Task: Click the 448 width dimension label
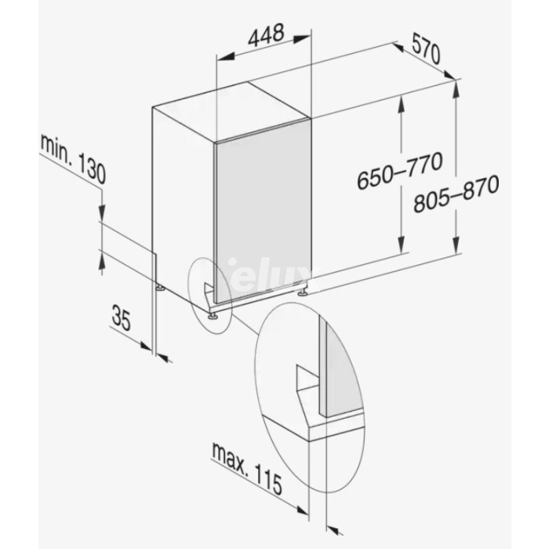tap(266, 35)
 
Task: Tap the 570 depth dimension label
tap(425, 49)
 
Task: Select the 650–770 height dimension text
tap(400, 170)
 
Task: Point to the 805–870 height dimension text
tap(456, 194)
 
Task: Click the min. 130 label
tap(73, 158)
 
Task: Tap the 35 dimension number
tap(121, 317)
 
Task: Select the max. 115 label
tap(247, 467)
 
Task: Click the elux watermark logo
tap(269, 278)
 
